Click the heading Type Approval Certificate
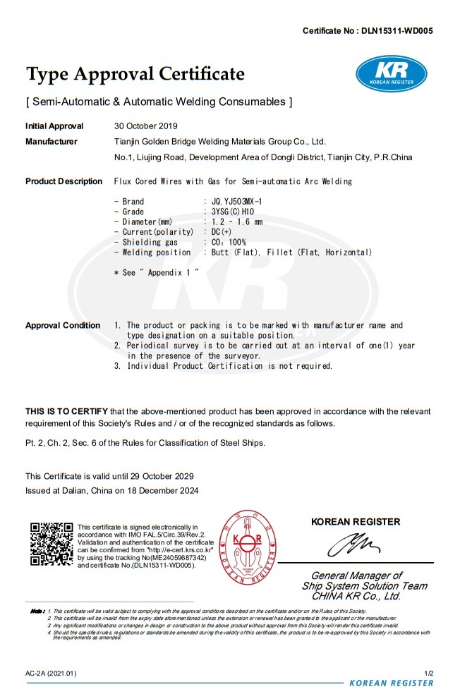135,74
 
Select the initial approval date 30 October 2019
147,126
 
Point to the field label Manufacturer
52,142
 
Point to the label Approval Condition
63,325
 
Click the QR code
52,544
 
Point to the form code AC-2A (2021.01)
51,674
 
